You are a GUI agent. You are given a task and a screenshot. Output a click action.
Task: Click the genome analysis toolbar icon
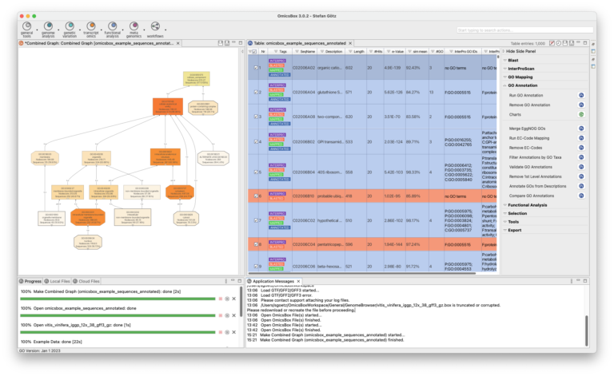pyautogui.click(x=48, y=28)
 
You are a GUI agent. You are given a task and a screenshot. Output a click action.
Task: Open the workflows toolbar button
pyautogui.click(x=153, y=28)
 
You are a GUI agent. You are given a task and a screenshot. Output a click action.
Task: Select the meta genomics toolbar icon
pyautogui.click(x=133, y=28)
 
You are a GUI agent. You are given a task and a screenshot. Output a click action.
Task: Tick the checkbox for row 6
pyautogui.click(x=256, y=196)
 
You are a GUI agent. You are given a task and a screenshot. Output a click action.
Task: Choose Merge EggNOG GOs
pyautogui.click(x=528, y=129)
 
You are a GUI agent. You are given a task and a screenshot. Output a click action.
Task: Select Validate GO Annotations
pyautogui.click(x=531, y=166)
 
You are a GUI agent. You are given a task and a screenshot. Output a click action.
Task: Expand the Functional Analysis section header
pyautogui.click(x=528, y=205)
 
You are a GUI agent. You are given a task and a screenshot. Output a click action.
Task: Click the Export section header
pyautogui.click(x=514, y=230)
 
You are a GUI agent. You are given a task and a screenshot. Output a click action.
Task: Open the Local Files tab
pyautogui.click(x=58, y=281)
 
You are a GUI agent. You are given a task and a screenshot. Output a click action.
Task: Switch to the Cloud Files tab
pyautogui.click(x=86, y=281)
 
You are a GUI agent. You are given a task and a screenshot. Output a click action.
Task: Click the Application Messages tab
pyautogui.click(x=277, y=281)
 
